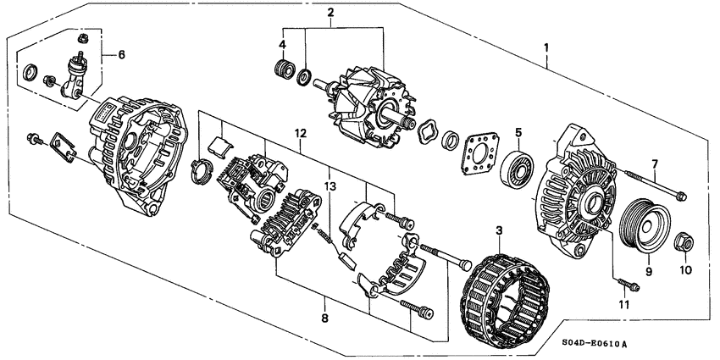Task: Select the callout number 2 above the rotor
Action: (x=331, y=12)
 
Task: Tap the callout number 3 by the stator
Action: (x=499, y=230)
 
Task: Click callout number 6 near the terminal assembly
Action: (x=121, y=54)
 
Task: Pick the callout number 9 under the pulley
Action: (x=648, y=273)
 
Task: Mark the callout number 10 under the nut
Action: (x=686, y=270)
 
